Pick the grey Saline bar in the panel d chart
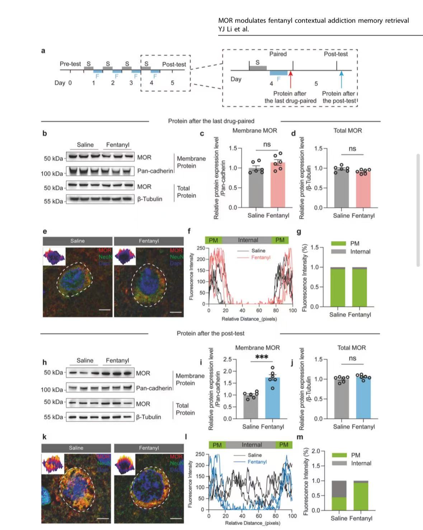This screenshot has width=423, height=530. click(x=341, y=188)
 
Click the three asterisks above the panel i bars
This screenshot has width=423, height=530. click(x=262, y=357)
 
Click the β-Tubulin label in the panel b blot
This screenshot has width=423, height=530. click(x=150, y=199)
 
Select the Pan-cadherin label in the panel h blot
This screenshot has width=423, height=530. click(x=154, y=388)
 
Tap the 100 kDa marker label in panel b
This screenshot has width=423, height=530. click(x=52, y=174)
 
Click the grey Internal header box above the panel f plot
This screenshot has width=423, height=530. click(x=248, y=240)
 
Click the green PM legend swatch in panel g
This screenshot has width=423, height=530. click(x=338, y=243)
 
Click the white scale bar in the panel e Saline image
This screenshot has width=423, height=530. click(x=104, y=309)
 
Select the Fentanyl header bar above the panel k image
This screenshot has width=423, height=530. click(x=149, y=448)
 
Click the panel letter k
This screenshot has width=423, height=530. click(x=44, y=437)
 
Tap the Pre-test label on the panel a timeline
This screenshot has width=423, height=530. click(x=70, y=64)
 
